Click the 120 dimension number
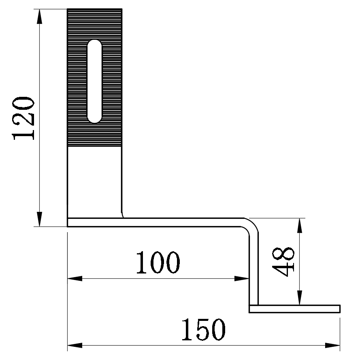[x=23, y=118]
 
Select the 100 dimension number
[x=158, y=263]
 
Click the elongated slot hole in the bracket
[x=95, y=81]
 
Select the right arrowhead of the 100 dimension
[x=241, y=278]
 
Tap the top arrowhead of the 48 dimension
[x=299, y=225]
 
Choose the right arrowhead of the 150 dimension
[x=332, y=346]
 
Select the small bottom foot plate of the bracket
[x=294, y=309]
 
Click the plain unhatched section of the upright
[x=94, y=178]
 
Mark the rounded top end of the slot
[x=95, y=44]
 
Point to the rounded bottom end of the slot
[x=95, y=119]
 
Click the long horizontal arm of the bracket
[x=162, y=222]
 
